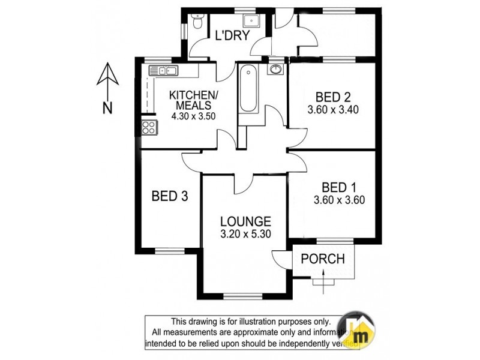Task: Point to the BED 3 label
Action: coord(170,196)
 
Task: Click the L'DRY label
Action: coord(232,36)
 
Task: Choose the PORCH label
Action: coord(323,259)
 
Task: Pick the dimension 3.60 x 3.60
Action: coord(340,200)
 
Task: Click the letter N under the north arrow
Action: coord(107,108)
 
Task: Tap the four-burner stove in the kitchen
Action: coord(148,127)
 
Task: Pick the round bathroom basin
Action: coord(277,70)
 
